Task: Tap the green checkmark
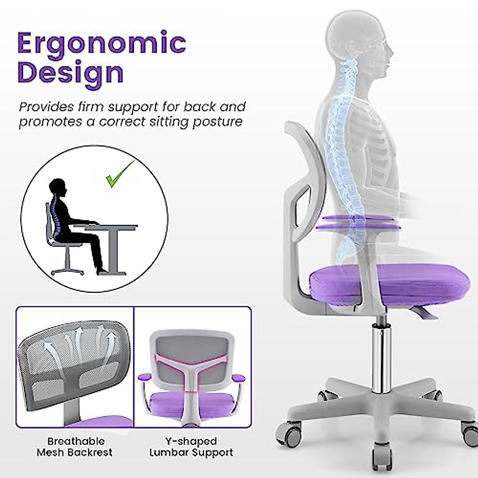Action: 119,175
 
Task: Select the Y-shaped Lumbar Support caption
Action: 191,447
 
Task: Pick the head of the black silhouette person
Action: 57,187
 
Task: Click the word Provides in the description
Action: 47,107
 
